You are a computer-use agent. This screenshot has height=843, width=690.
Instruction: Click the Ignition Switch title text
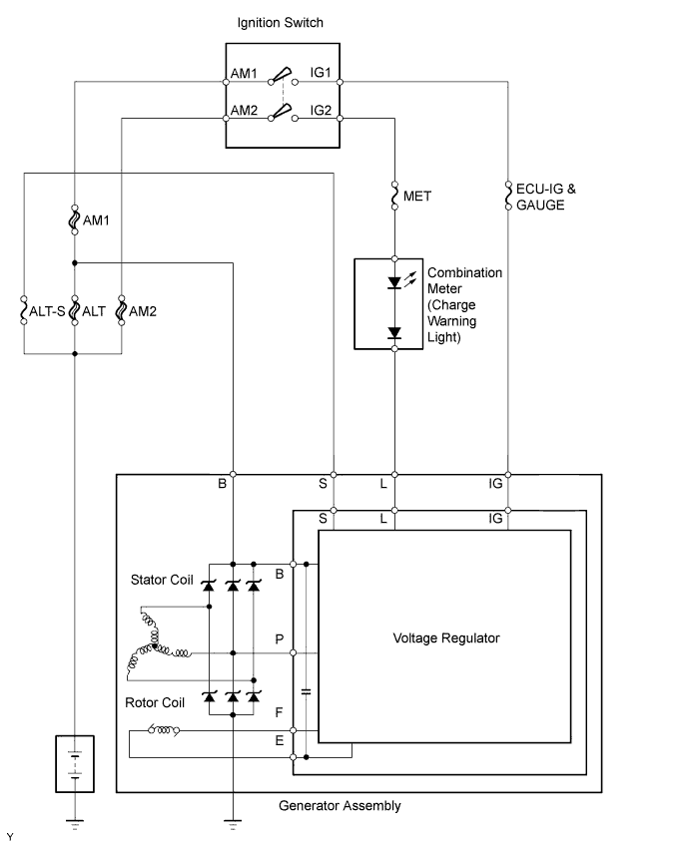click(281, 22)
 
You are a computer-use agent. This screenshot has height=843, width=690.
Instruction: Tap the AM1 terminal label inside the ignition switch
click(245, 75)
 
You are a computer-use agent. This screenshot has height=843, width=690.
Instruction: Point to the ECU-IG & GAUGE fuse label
click(540, 197)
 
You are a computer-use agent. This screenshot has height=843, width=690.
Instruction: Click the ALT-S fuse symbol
click(24, 311)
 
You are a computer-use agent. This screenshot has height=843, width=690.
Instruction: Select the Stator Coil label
click(162, 579)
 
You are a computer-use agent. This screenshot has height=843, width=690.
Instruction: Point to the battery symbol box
click(74, 764)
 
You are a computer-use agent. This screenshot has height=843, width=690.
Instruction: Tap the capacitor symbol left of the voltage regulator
click(305, 690)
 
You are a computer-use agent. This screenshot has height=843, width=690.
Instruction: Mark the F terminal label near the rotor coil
click(280, 715)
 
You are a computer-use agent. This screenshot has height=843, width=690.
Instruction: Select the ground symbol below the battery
click(74, 825)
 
